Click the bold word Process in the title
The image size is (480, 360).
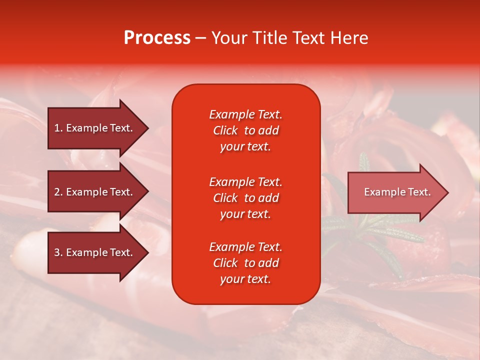[x=157, y=38]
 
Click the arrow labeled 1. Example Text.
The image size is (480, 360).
[x=95, y=128]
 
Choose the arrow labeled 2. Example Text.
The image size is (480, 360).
[x=95, y=192]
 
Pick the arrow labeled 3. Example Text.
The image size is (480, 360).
[x=95, y=252]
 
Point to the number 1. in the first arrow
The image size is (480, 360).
[x=58, y=128]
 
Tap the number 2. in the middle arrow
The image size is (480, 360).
[x=58, y=192]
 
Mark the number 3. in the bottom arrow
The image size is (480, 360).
[x=58, y=252]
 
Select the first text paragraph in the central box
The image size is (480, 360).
[x=245, y=130]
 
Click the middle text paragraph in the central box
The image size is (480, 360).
[x=245, y=198]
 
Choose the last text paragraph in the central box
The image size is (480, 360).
[x=245, y=263]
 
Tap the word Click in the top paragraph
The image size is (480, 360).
[x=225, y=130]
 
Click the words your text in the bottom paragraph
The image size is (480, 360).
[x=245, y=279]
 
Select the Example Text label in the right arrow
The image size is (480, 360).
[x=397, y=192]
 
